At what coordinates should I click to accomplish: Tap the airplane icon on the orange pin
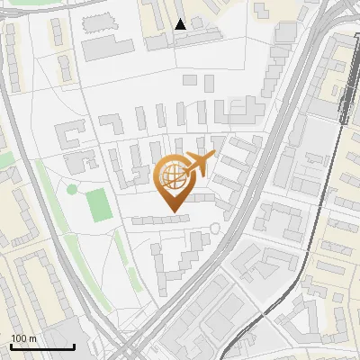[x=199, y=164]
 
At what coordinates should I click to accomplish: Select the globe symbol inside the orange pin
[x=170, y=175]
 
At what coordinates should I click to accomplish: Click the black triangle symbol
[x=180, y=24]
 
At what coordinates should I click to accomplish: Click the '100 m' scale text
[x=23, y=338]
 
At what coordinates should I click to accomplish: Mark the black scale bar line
[x=42, y=346]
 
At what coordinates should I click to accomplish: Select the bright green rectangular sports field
[x=101, y=204]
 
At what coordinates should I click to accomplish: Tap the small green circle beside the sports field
[x=72, y=189]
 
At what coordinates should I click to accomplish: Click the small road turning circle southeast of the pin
[x=214, y=229]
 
